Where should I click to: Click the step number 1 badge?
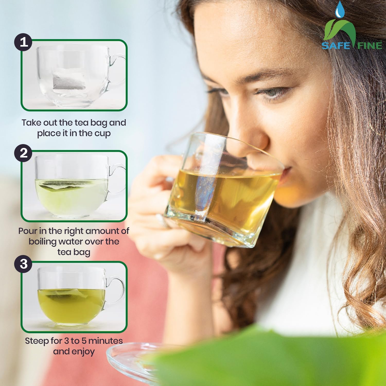coord(23,42)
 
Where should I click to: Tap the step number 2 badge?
coord(23,153)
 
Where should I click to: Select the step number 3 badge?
coord(23,264)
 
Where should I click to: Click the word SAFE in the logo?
coord(336,46)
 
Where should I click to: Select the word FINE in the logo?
coord(370,46)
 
